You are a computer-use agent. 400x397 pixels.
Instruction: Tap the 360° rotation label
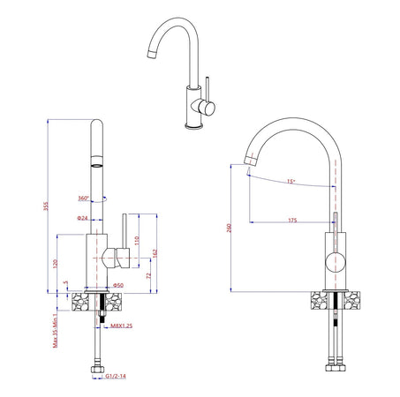(x=83, y=198)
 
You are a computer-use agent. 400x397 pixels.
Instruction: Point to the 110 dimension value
(x=138, y=240)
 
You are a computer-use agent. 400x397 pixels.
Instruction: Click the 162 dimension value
(x=155, y=252)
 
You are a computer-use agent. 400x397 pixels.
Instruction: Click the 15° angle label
(x=291, y=181)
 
